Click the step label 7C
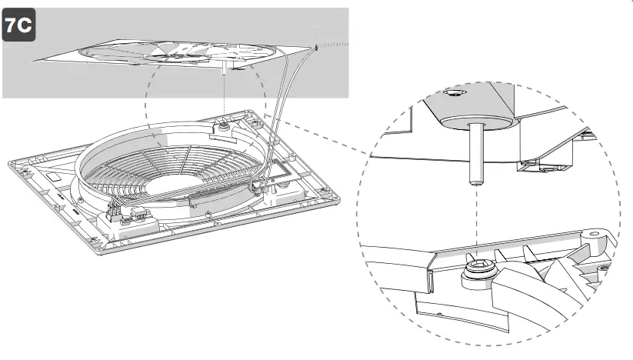[19, 25]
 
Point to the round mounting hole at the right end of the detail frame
[594, 232]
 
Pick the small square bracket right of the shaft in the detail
[530, 163]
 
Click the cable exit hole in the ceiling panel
[316, 47]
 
